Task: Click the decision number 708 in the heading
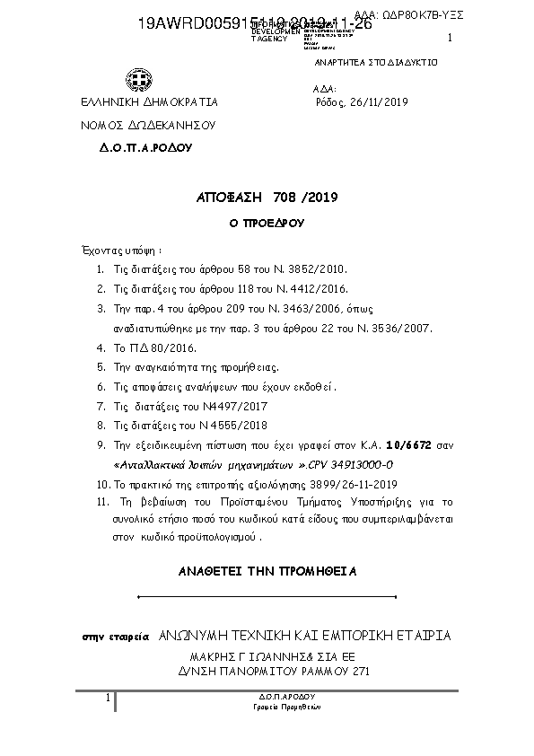click(x=260, y=197)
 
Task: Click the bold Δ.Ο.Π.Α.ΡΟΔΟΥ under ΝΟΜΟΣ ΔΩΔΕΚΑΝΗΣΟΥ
click(x=145, y=145)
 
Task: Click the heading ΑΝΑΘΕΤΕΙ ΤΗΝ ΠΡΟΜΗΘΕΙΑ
click(x=267, y=570)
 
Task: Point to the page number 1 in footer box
click(x=107, y=698)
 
